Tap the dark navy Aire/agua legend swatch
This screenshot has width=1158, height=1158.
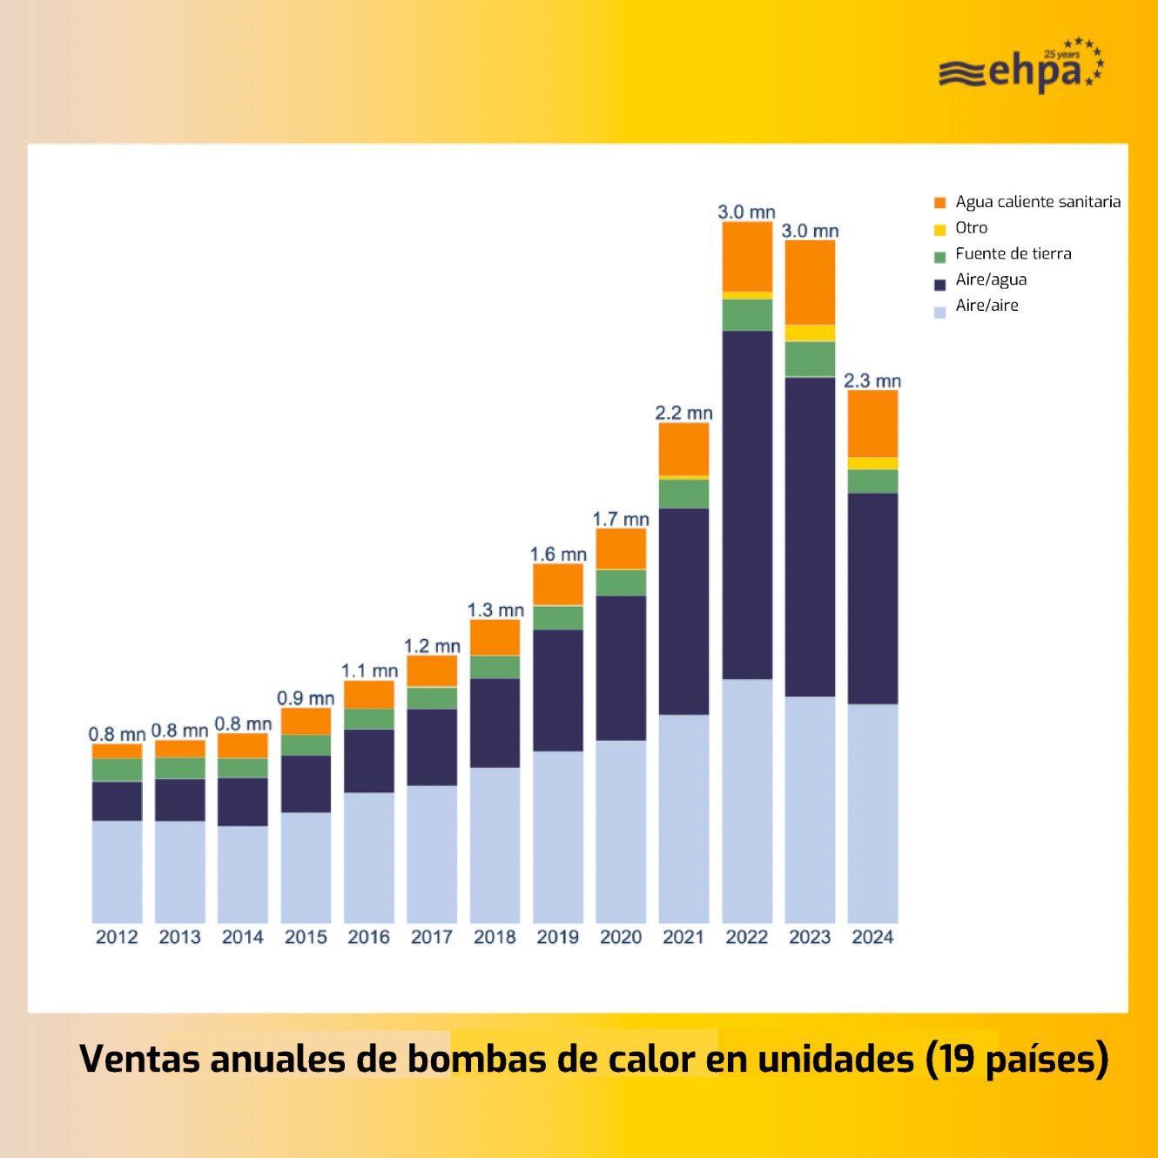coord(939,285)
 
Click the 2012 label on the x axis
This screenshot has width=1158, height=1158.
coord(117,937)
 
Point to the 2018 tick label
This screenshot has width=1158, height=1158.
coord(495,937)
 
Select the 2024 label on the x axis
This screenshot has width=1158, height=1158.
coord(872,937)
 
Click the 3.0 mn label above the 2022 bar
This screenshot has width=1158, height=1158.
coord(746,212)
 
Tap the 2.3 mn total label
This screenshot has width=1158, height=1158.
coord(872,381)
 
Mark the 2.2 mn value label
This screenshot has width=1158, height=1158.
coord(683,413)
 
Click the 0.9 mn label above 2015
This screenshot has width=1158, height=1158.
coord(306,698)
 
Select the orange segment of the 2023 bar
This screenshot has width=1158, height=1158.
coord(810,282)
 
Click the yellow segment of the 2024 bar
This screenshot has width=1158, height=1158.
coord(872,463)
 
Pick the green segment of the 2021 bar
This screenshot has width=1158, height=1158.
coord(683,494)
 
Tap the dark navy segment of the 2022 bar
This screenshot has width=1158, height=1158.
coord(747,505)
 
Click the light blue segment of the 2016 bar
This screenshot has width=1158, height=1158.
coord(369,857)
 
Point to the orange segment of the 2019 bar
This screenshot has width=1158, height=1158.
coord(558,584)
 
